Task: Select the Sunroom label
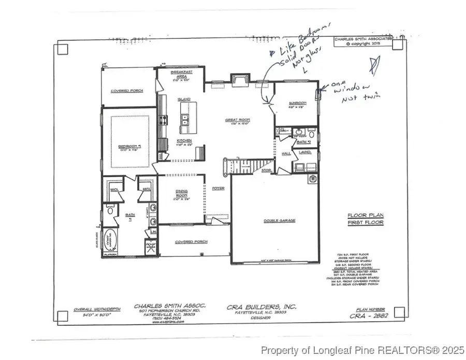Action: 298,104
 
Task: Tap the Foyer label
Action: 218,189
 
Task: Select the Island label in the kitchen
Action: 184,99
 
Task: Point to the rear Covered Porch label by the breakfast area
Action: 126,91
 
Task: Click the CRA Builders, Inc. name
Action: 262,307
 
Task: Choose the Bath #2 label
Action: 302,141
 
